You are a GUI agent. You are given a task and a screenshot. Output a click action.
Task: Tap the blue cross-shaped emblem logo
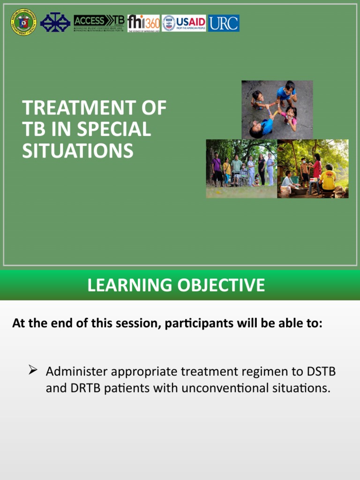(x=55, y=22)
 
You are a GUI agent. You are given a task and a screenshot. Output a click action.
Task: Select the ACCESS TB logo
(x=99, y=22)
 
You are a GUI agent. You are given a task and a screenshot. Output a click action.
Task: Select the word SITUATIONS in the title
(x=78, y=151)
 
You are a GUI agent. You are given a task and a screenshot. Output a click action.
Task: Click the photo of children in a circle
(x=277, y=109)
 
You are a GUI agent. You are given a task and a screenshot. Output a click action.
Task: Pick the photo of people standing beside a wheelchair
(x=241, y=169)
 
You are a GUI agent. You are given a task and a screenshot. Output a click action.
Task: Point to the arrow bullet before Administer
(x=33, y=371)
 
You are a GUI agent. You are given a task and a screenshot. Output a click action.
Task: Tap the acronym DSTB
(x=321, y=372)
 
